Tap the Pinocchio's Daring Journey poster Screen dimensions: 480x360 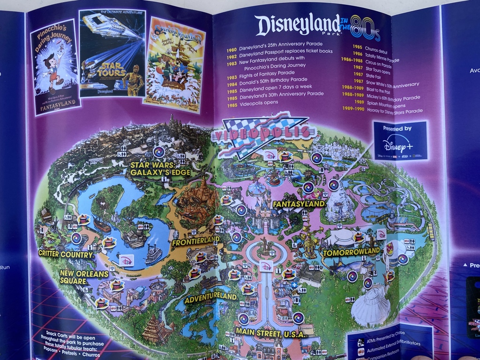coord(55,67)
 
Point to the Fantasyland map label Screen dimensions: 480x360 coord(299,204)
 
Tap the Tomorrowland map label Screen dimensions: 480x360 coord(351,252)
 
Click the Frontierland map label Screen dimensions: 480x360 coord(195,242)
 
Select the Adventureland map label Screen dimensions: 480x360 coord(210,297)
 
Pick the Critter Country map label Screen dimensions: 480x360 coord(66,255)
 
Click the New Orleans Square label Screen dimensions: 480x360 coord(84,277)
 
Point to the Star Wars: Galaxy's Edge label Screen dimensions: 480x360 coord(160,168)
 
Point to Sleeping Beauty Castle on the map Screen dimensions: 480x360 coord(266,213)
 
